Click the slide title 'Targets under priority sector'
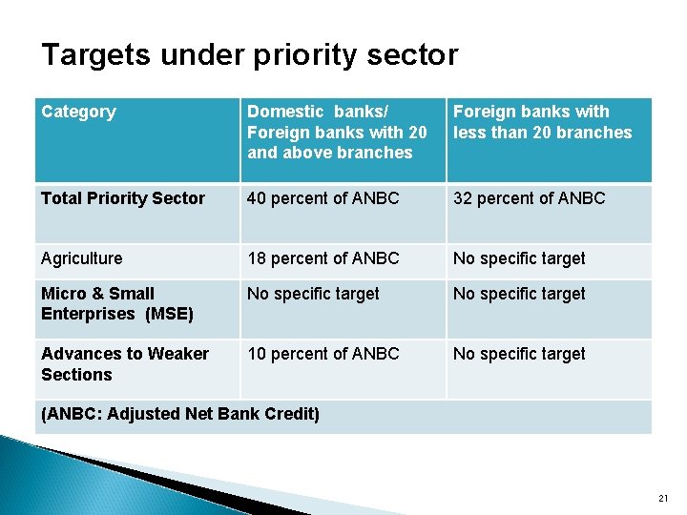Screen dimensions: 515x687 click(249, 55)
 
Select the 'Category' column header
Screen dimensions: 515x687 click(78, 113)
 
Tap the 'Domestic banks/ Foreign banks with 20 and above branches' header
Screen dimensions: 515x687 click(337, 133)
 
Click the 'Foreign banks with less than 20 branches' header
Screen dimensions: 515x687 click(542, 123)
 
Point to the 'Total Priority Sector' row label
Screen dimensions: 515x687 click(123, 198)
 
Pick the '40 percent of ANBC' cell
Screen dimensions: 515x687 click(323, 198)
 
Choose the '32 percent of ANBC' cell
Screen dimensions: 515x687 click(529, 198)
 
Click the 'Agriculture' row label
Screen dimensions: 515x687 click(82, 258)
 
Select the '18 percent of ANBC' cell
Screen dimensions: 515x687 click(323, 258)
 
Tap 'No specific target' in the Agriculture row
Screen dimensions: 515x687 click(519, 258)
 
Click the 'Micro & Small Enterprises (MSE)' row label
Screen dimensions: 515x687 click(117, 304)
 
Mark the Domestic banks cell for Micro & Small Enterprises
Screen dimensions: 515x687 click(313, 294)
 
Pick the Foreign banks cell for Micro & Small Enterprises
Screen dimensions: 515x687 click(519, 294)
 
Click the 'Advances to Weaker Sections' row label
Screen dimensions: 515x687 click(124, 364)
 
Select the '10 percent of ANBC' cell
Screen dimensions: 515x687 click(323, 354)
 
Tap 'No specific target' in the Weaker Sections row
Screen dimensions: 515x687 click(519, 354)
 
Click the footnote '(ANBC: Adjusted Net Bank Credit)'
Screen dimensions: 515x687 click(180, 414)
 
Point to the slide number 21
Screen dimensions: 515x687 click(664, 499)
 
